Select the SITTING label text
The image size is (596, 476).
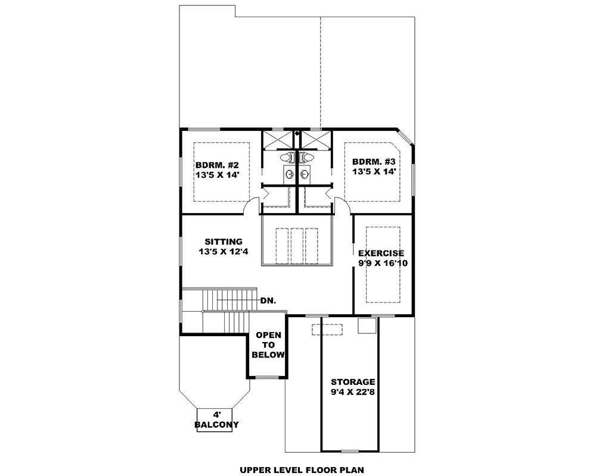[223, 242]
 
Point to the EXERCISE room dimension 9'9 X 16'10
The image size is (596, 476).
[382, 263]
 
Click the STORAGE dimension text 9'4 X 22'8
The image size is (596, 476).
[353, 392]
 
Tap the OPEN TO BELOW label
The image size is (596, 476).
[268, 345]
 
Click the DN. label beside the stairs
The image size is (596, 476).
[268, 301]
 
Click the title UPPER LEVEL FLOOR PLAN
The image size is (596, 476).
[302, 469]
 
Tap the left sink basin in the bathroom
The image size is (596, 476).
[290, 174]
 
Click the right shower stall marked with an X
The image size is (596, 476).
[316, 140]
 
